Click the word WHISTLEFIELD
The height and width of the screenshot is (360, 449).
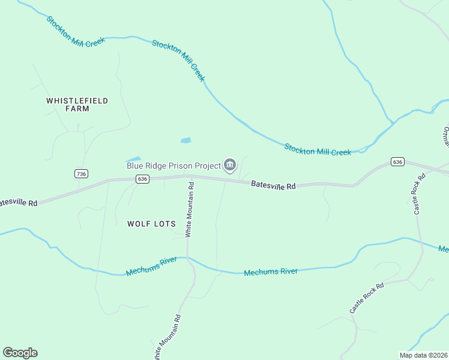(77, 101)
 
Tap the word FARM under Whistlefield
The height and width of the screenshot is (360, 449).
(77, 109)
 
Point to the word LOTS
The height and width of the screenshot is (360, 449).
(164, 224)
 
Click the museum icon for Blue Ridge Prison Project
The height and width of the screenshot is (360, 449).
(229, 165)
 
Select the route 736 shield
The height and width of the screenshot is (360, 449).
(82, 173)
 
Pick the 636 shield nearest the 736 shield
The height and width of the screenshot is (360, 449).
(142, 179)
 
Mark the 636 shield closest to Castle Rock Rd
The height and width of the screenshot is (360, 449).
(397, 162)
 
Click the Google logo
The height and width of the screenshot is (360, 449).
(20, 353)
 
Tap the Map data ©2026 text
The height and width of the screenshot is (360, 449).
(423, 355)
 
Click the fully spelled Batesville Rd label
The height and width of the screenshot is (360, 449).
(273, 185)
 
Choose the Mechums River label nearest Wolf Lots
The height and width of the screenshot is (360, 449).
(151, 268)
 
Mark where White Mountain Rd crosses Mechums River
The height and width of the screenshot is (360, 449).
(187, 259)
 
